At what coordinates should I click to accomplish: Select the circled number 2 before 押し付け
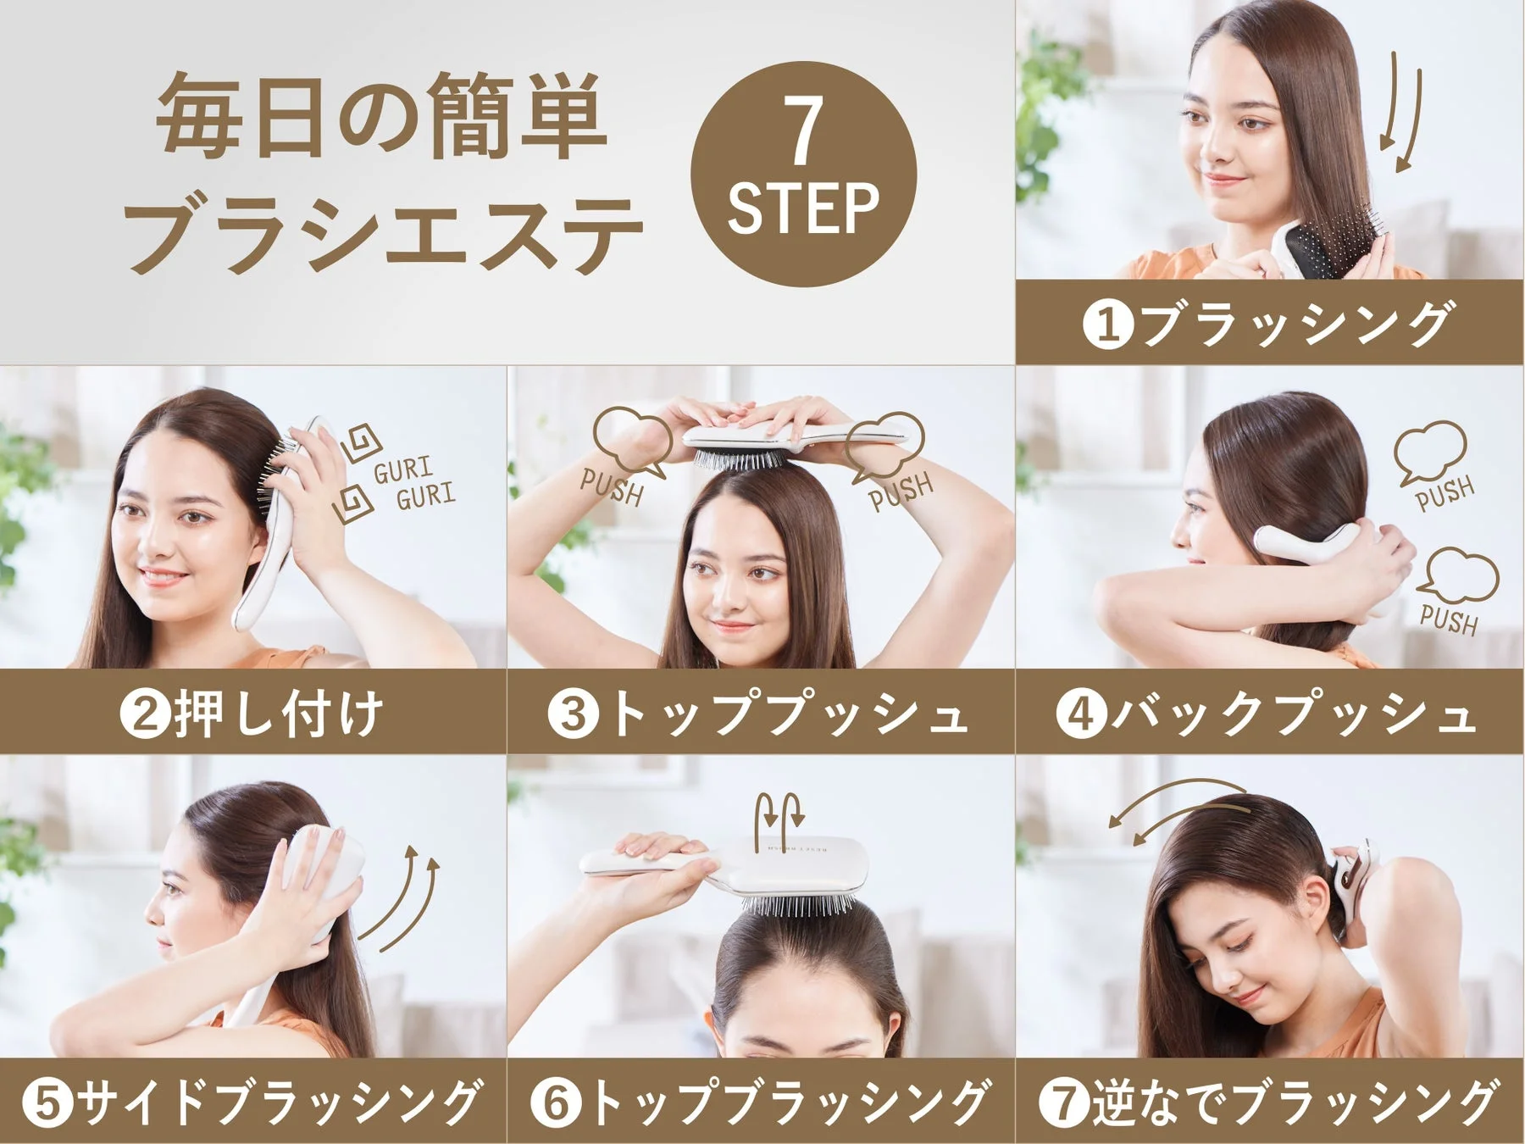145,714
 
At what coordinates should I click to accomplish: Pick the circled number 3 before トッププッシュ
573,714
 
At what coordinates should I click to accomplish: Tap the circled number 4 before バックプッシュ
1080,714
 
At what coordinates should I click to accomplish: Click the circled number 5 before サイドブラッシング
47,1102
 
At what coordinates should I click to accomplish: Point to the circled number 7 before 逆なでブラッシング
1064,1102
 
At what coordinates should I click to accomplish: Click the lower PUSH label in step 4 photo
1450,619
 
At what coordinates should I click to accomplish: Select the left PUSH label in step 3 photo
612,487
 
